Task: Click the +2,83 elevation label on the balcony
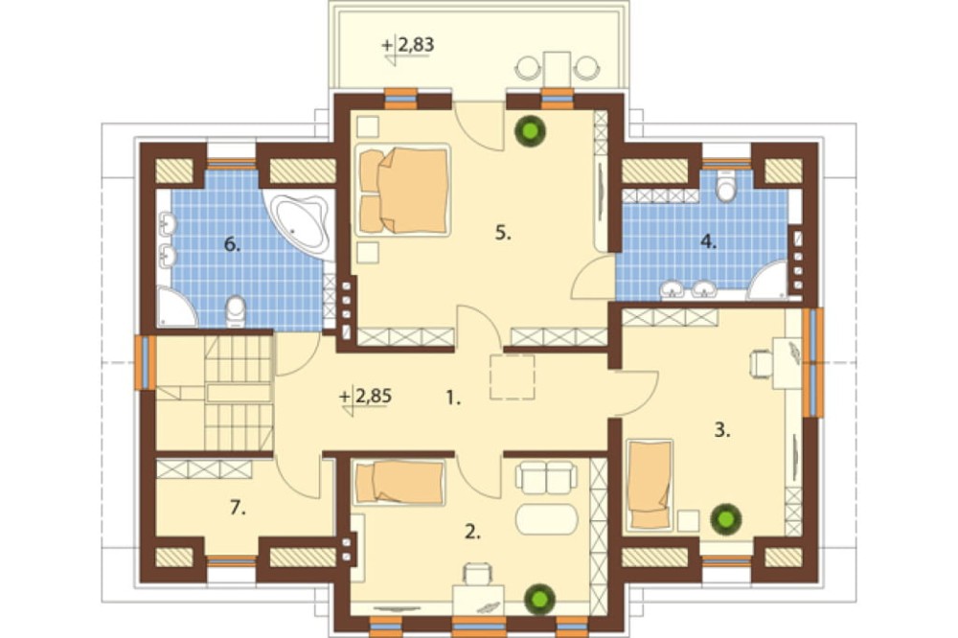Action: pyautogui.click(x=407, y=45)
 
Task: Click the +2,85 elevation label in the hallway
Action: pyautogui.click(x=365, y=397)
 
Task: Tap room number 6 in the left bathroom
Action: pyautogui.click(x=232, y=245)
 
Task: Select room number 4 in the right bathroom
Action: pyautogui.click(x=708, y=242)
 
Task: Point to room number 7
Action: pyautogui.click(x=238, y=507)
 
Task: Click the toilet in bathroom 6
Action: pyautogui.click(x=236, y=310)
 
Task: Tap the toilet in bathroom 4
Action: pyautogui.click(x=726, y=186)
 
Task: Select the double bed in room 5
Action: pyautogui.click(x=402, y=190)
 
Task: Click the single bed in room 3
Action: pyautogui.click(x=650, y=485)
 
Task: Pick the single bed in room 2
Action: pyautogui.click(x=399, y=482)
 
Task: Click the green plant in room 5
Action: pyautogui.click(x=529, y=130)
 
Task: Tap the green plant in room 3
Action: pyautogui.click(x=726, y=519)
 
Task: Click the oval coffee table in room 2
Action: pyautogui.click(x=547, y=519)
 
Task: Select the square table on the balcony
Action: pyautogui.click(x=558, y=68)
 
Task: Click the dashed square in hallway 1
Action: pyautogui.click(x=512, y=377)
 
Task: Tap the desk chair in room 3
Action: pyautogui.click(x=761, y=364)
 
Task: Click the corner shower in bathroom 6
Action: pyautogui.click(x=176, y=308)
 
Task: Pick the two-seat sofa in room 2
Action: pyautogui.click(x=546, y=478)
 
